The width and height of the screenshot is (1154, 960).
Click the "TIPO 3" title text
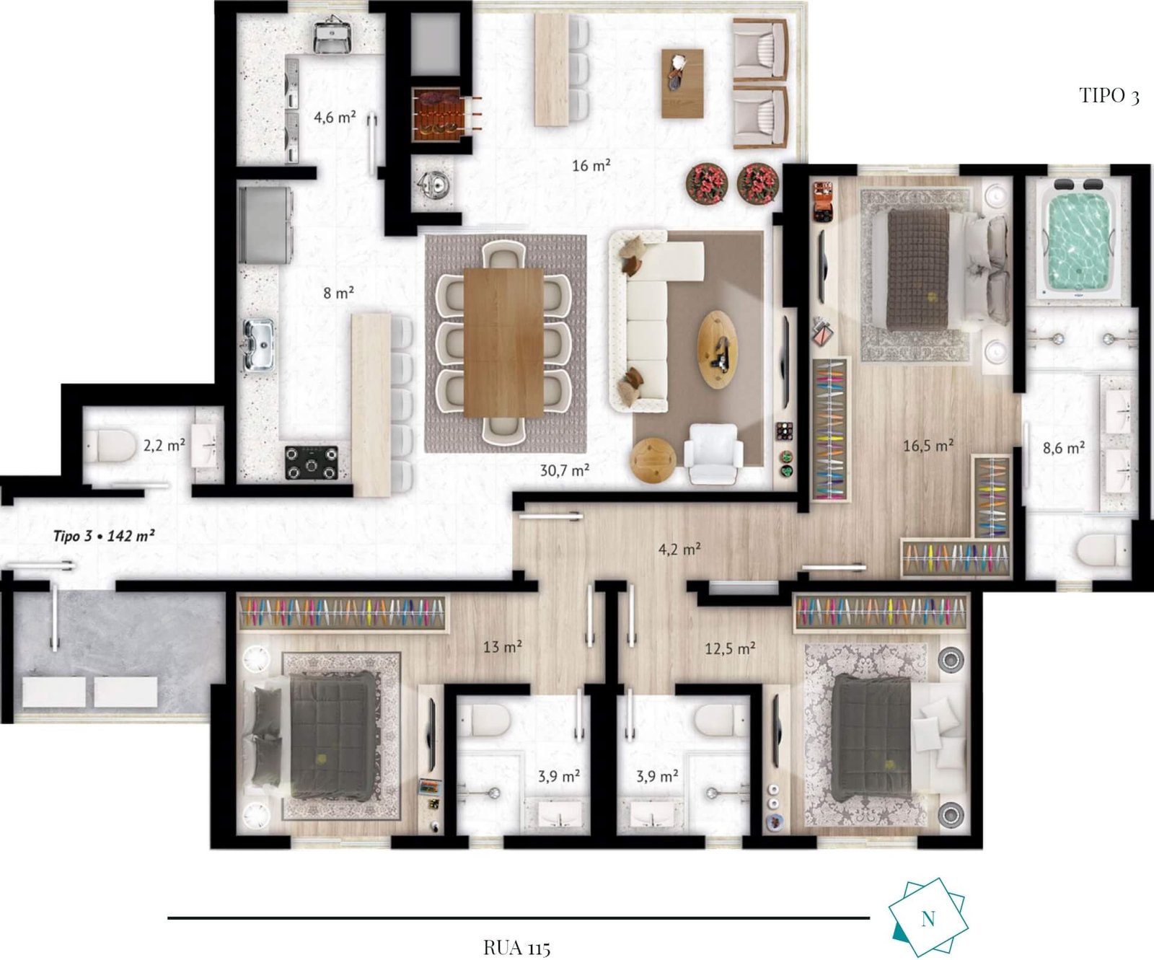tap(1109, 95)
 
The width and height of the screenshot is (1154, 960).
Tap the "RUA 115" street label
tap(517, 947)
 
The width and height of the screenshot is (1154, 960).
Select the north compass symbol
tap(928, 917)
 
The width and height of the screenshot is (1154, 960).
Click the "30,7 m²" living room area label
tap(565, 470)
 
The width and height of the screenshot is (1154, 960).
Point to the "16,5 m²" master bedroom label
tap(928, 446)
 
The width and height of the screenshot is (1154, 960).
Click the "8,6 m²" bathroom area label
tap(1064, 448)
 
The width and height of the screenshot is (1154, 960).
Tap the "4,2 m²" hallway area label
tap(679, 549)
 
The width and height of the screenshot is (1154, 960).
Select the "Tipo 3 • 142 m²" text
tap(104, 536)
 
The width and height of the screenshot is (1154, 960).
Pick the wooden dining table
tap(503, 343)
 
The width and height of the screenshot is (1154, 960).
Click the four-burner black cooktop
tap(312, 462)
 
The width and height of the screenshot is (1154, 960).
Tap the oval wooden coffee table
tap(718, 349)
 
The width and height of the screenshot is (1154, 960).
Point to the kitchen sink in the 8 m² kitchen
tap(259, 345)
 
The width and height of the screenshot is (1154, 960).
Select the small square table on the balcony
tap(682, 83)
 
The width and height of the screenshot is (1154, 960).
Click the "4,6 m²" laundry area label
tap(335, 117)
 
